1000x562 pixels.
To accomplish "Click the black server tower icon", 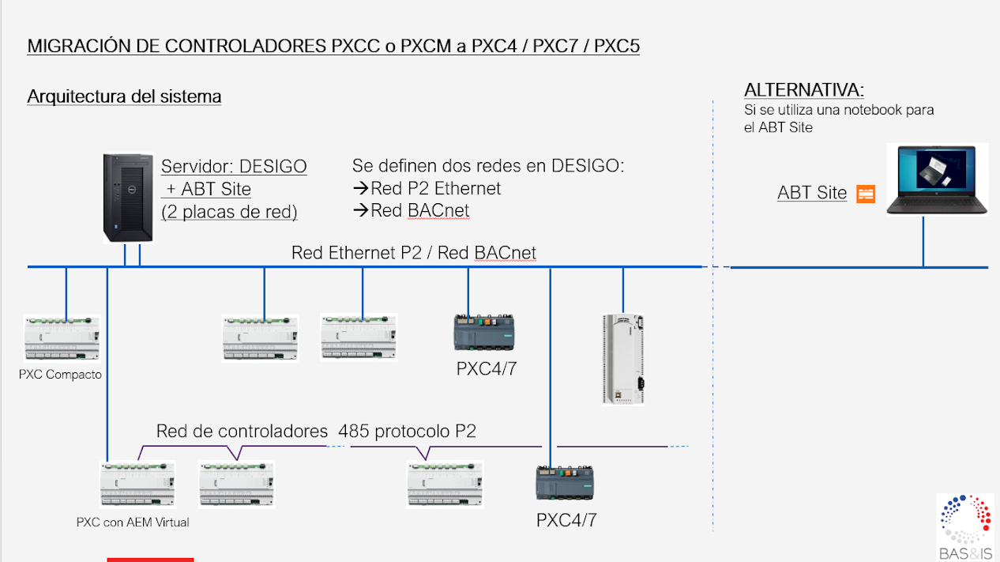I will [128, 198].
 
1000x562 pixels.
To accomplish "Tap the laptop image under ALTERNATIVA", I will [937, 179].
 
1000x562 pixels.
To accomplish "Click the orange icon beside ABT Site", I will [866, 194].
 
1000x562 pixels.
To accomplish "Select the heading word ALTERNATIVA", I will [803, 89].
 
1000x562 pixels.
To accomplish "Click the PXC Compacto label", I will [60, 375].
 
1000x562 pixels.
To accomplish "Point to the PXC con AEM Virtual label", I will [133, 522].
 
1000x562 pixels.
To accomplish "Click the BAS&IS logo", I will [964, 526].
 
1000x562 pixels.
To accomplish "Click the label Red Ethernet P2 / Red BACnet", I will [414, 253].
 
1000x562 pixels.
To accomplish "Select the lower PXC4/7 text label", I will [566, 520].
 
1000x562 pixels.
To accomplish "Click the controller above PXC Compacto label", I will [62, 339].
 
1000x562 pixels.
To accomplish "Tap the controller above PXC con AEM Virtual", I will [137, 484].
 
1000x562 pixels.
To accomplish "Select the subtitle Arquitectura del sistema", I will [124, 96].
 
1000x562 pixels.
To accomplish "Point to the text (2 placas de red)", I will [229, 212].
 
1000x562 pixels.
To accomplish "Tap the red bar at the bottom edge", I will [150, 559].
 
